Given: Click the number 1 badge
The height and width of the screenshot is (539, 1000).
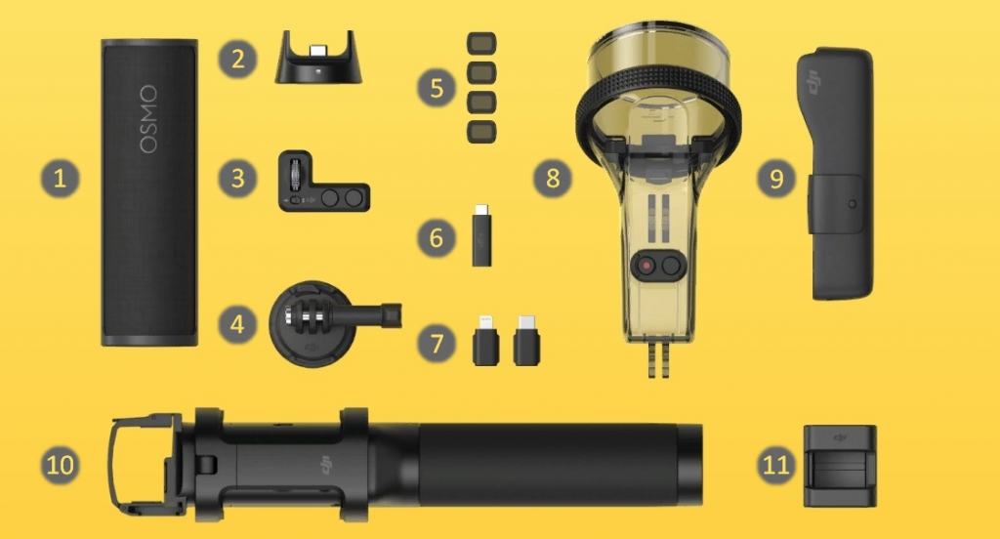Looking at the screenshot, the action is click(x=60, y=178).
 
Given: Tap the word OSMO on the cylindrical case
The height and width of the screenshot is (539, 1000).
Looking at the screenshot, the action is click(x=148, y=119).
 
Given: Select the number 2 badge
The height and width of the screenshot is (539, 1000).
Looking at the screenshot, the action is click(x=238, y=60).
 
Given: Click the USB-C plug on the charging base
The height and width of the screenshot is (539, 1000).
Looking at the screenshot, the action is click(x=317, y=50).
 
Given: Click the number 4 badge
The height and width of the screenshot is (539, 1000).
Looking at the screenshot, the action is click(x=237, y=324).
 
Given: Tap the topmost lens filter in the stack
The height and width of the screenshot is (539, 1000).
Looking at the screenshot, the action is click(x=481, y=43).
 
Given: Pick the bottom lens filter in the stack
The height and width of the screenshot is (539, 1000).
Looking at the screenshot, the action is click(x=481, y=132).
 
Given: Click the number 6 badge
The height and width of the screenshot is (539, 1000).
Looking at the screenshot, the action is click(x=437, y=238).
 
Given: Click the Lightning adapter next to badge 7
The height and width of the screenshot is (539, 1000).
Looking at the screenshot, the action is click(x=486, y=340).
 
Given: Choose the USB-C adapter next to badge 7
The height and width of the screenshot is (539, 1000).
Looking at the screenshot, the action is click(x=526, y=340).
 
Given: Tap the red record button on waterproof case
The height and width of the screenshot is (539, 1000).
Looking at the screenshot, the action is click(x=647, y=266).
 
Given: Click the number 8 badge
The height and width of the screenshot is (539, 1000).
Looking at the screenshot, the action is click(x=553, y=178).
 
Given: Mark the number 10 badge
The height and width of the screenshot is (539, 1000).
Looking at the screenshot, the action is click(x=60, y=465).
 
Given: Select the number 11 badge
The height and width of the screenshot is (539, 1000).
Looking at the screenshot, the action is click(x=776, y=465).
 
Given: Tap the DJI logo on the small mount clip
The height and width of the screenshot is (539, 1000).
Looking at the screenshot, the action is click(x=841, y=437).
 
